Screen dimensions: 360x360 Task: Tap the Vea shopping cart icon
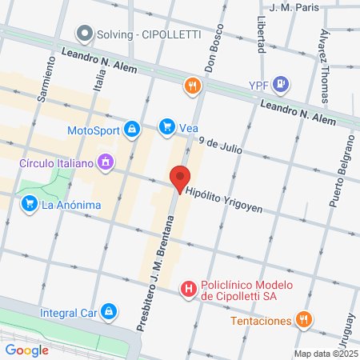(x=166, y=126)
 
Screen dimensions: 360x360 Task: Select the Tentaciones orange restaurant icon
(x=302, y=321)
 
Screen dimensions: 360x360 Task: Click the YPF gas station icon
(x=279, y=83)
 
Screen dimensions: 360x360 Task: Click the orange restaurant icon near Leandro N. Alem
(x=191, y=87)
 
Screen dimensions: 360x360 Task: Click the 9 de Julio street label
(x=221, y=144)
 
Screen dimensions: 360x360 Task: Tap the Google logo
(x=26, y=350)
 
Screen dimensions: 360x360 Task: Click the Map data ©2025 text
(x=325, y=354)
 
